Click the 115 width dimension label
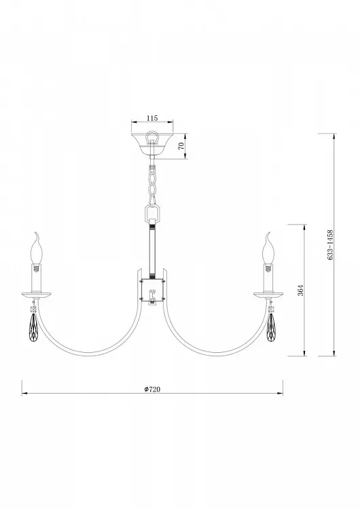coord(152,118)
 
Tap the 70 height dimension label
coord(181,145)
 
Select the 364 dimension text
coord(301,290)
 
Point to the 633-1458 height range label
coord(330,245)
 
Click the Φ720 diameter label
coord(152,389)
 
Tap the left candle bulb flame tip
coord(36,233)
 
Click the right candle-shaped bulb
coord(269,252)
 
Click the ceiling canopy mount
coord(152,143)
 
